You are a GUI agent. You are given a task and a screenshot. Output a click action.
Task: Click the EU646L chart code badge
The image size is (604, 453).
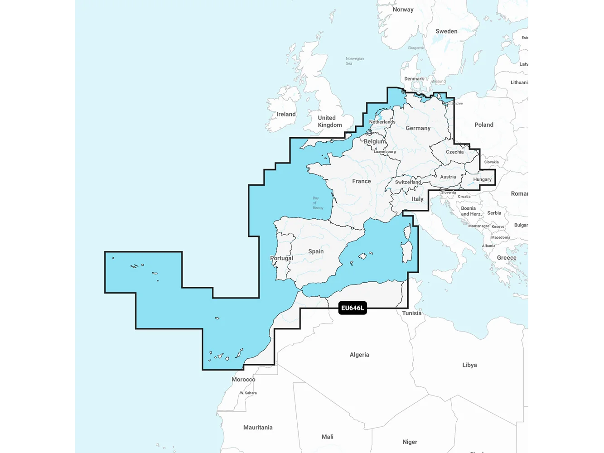353,308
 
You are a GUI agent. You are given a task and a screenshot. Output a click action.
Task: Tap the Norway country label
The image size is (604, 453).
403,10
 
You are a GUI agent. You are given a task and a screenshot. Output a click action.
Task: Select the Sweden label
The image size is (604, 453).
446,31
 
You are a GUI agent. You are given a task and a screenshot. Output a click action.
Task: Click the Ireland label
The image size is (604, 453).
286,114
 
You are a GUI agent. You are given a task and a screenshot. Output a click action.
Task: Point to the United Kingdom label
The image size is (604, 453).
329,121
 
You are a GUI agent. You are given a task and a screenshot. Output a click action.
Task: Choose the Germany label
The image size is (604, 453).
418,128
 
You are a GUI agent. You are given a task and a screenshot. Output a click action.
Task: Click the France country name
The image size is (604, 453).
361,181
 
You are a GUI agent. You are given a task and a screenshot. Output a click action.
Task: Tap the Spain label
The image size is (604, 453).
316,251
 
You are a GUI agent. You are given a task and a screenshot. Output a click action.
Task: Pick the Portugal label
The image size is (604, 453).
281,258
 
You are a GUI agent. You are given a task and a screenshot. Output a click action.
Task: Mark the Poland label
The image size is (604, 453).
483,125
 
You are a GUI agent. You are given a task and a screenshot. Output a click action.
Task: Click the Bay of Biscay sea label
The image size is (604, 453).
318,203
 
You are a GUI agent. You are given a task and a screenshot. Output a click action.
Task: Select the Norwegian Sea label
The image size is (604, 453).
354,61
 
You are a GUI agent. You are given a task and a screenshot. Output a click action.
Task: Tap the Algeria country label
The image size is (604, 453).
359,355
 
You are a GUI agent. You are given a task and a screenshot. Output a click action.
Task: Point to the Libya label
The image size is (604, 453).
469,365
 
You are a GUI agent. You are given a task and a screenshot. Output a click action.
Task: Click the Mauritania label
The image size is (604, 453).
258,427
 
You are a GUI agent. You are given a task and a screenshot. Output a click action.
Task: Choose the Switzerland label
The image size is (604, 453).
408,182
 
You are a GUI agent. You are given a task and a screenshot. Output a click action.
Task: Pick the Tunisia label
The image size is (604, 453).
411,313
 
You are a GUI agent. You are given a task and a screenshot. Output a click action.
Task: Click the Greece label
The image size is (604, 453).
506,258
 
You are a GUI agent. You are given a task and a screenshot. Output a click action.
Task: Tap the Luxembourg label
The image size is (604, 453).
385,152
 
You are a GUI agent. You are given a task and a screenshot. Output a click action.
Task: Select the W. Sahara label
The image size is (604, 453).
248,393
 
